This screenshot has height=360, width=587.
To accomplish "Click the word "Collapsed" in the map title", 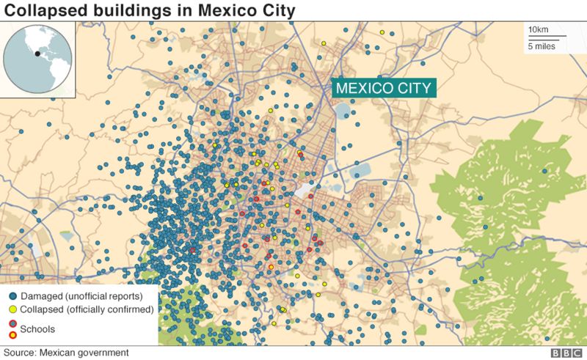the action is (x=43, y=11).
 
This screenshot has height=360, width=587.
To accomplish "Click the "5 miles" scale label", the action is (x=541, y=46).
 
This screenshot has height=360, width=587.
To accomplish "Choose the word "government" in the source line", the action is (x=93, y=353).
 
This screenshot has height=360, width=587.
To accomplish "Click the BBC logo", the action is (x=566, y=353).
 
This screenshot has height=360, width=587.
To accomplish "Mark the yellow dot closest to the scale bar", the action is (x=382, y=32).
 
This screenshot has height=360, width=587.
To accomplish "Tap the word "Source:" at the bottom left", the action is (x=20, y=353).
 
